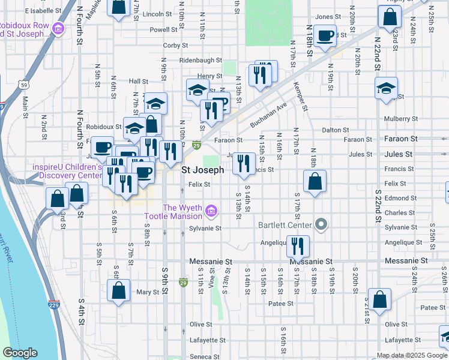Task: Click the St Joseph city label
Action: point(203,170)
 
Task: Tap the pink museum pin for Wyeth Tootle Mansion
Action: point(211,211)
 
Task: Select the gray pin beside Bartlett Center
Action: point(321,225)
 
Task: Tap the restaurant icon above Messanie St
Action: point(298,245)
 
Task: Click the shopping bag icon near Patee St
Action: point(379,299)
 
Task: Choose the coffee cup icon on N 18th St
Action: point(325,35)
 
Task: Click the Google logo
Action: point(20,353)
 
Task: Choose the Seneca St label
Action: point(201,356)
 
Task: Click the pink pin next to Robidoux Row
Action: point(58,28)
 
